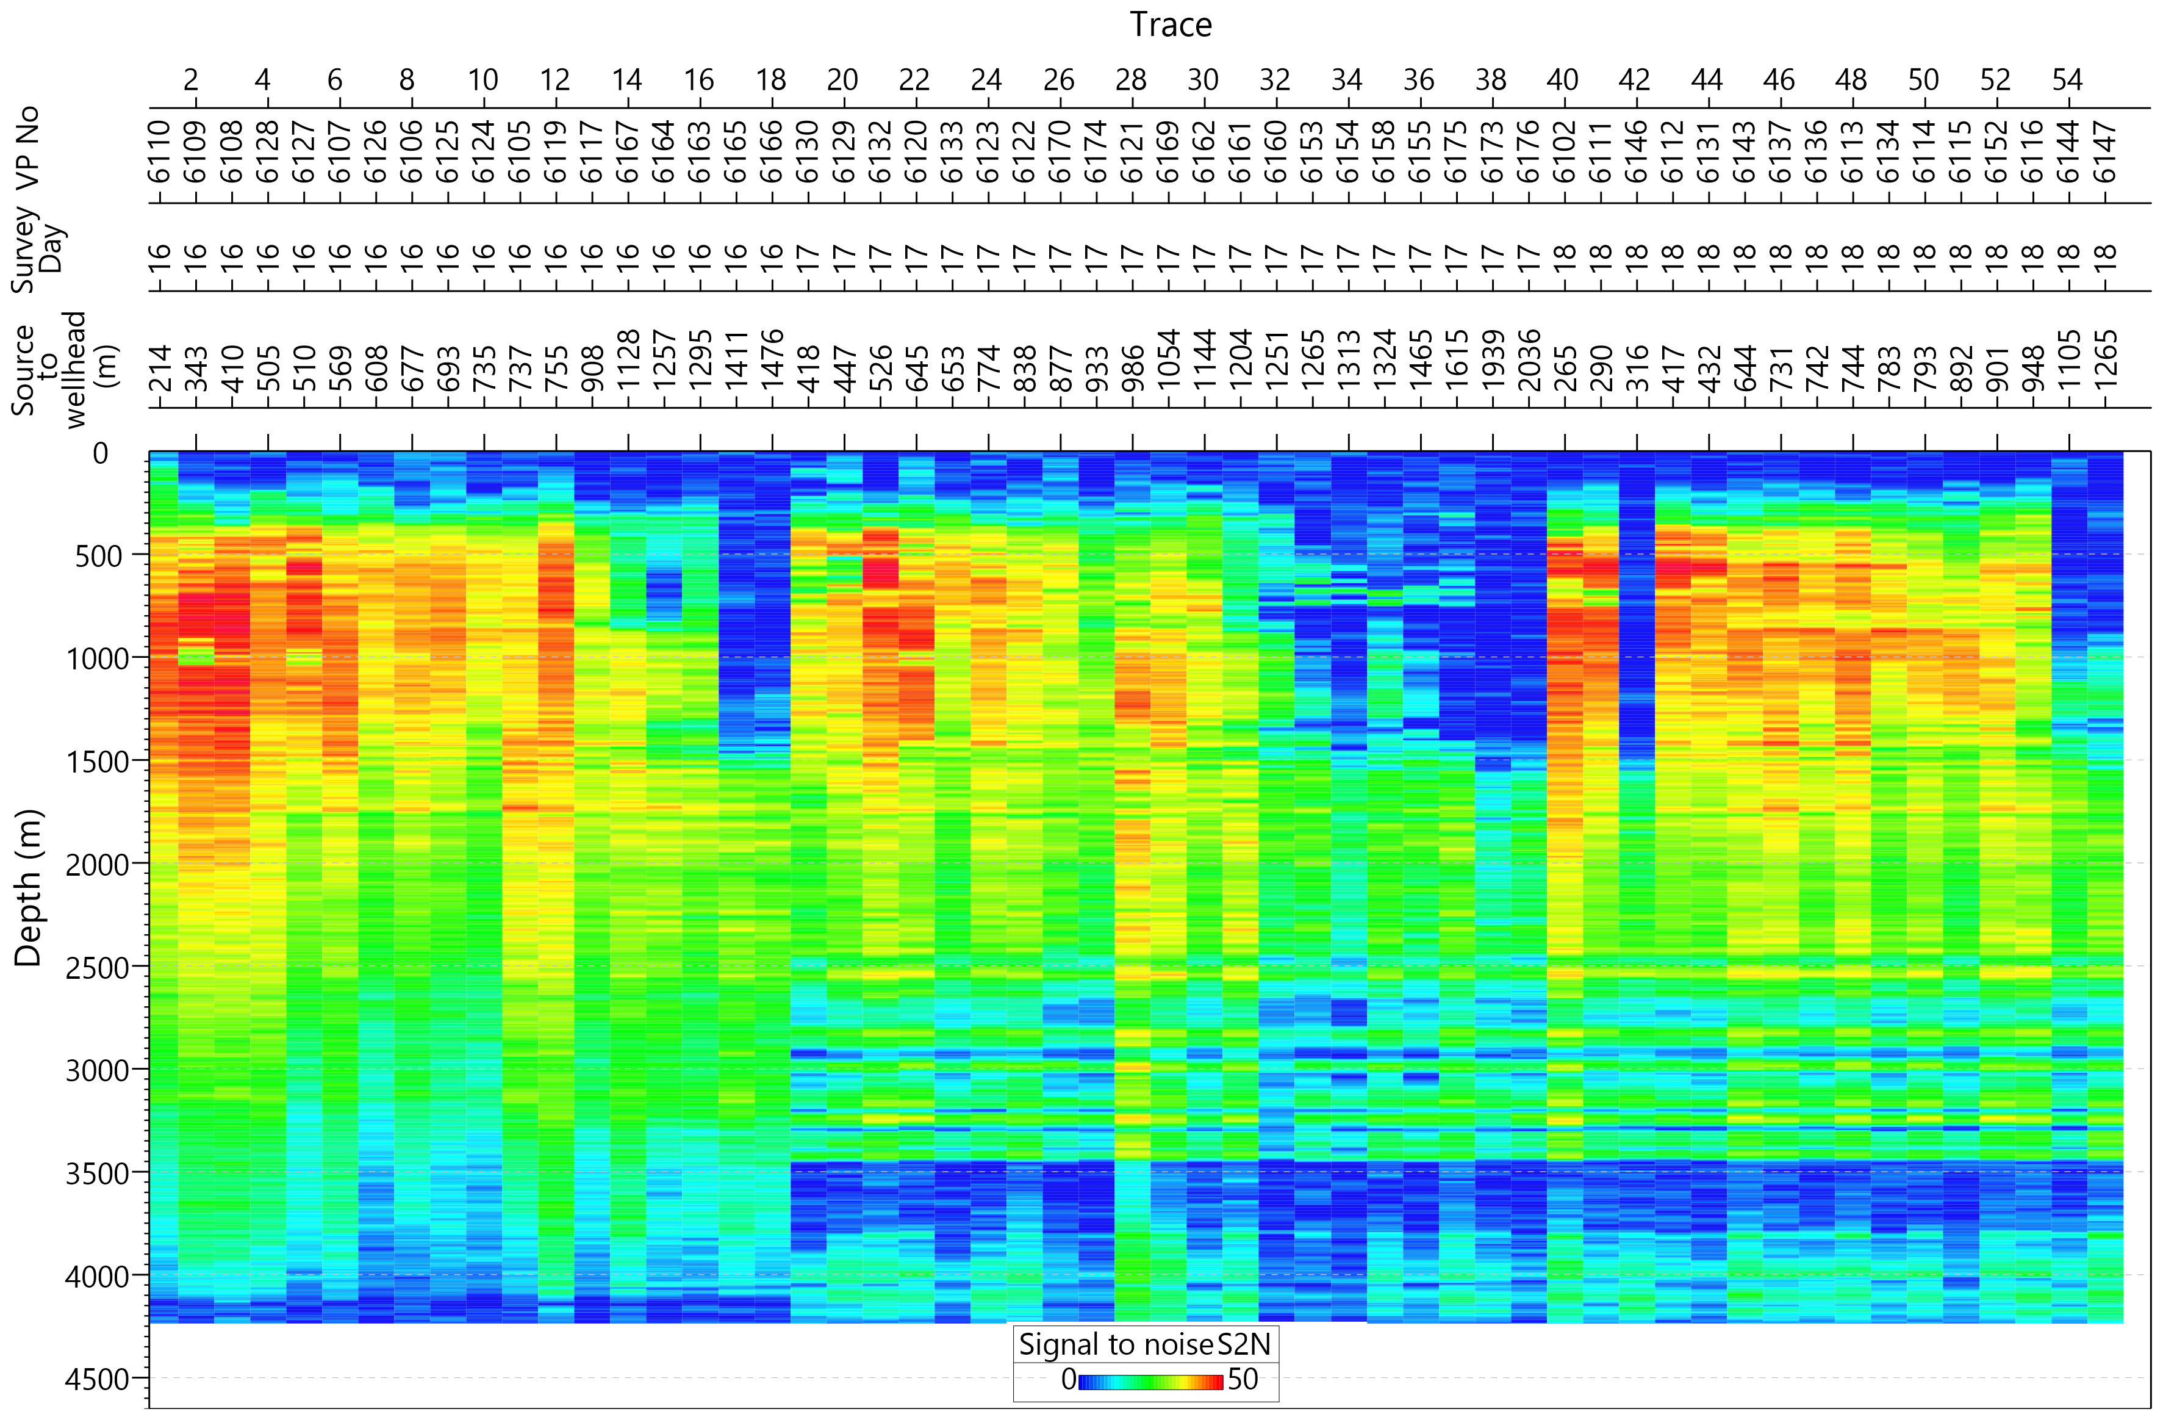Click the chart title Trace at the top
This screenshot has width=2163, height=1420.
pyautogui.click(x=1171, y=24)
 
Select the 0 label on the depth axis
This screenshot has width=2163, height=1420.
pyautogui.click(x=100, y=453)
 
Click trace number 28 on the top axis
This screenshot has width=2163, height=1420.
pyautogui.click(x=1132, y=80)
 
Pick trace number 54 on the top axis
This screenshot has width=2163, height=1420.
pyautogui.click(x=2068, y=80)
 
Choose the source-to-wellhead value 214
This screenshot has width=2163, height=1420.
pyautogui.click(x=159, y=368)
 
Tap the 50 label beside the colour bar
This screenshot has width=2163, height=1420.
pyautogui.click(x=1243, y=1380)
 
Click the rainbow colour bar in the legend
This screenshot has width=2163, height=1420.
pyautogui.click(x=1150, y=1382)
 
